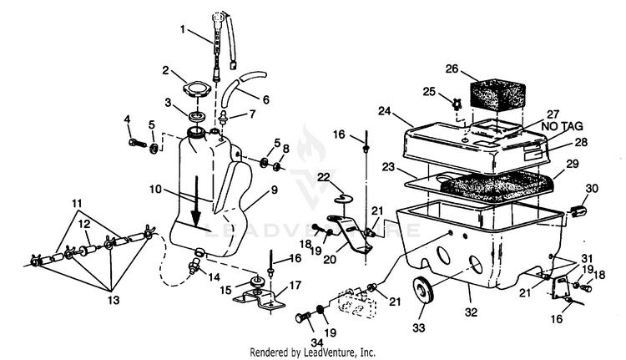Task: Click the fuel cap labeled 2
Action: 196,89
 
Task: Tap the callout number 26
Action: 452,68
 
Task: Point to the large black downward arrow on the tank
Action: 195,201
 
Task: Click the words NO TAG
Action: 562,127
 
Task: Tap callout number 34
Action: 316,342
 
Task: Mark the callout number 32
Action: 471,312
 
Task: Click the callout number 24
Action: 385,111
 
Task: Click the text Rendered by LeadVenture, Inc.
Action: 313,352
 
